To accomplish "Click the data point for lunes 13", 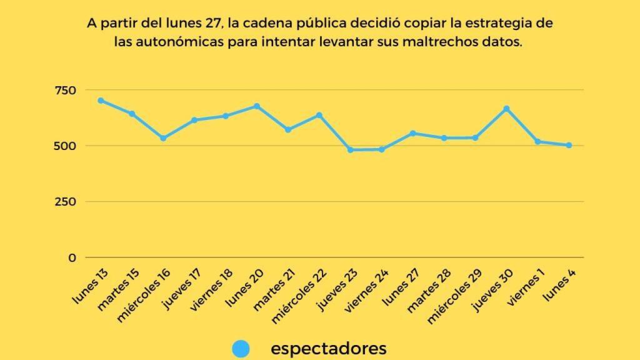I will coord(101,101).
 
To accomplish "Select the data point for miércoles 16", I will coord(163,138).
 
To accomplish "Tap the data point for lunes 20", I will coord(257,106).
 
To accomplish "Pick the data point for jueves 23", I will coord(351,150).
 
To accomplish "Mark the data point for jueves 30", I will coord(506,109).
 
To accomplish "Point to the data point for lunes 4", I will coord(569,145).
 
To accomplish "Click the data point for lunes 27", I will coord(413,133).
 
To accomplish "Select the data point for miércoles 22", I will coord(319,115).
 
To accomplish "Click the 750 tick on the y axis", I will coord(65,91).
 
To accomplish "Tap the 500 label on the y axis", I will coord(65,146).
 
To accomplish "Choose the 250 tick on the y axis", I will coord(65,202).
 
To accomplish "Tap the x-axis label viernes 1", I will coord(526,288).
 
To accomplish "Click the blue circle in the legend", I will coord(241,349).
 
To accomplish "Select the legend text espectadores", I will coord(328,348).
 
